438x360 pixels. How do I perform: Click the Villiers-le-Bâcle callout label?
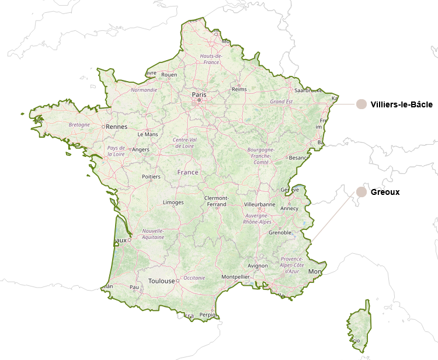(401, 104)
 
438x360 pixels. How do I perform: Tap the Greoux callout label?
(385, 192)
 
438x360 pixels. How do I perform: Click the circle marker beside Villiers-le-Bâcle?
(361, 104)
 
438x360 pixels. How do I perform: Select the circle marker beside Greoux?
(361, 192)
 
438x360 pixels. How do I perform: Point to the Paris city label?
(199, 94)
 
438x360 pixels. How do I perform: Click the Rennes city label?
(117, 126)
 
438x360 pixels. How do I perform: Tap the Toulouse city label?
(162, 281)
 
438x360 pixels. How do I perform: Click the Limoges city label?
(173, 202)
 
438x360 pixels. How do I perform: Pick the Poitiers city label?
(151, 177)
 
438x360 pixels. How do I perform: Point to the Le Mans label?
(147, 134)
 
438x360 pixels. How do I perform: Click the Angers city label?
(140, 149)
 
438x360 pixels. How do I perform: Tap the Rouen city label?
(169, 75)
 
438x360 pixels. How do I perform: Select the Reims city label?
(239, 89)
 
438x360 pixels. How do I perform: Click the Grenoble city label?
(280, 232)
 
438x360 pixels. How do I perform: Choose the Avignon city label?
(258, 265)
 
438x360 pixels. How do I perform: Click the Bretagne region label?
(79, 124)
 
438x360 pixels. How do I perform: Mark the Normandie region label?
(144, 90)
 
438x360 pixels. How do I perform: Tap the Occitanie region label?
(194, 278)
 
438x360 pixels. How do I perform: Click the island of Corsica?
(359, 324)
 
